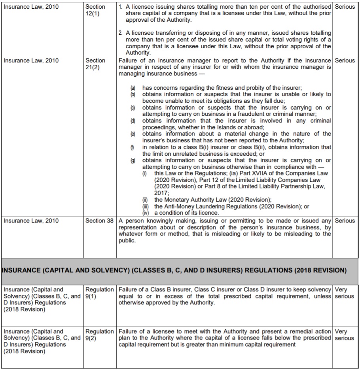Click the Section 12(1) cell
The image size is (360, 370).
95,10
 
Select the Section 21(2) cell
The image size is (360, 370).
95,64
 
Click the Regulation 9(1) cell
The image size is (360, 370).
99,293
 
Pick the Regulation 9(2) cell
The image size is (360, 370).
99,335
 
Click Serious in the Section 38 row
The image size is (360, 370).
345,221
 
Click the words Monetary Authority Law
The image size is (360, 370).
198,200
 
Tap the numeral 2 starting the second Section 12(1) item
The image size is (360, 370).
120,33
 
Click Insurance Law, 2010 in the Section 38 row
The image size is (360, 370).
31,221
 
